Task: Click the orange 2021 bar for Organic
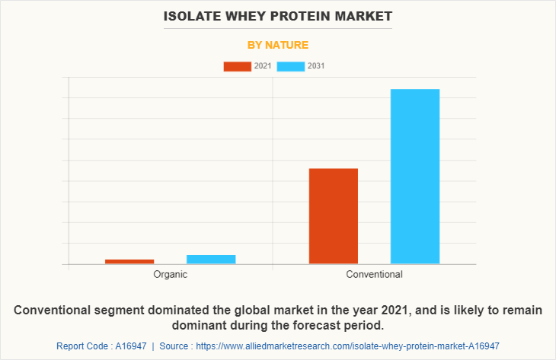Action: [x=129, y=261]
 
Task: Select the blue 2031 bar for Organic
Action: [x=211, y=259]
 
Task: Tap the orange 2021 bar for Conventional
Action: [x=333, y=216]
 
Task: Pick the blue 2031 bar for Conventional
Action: [x=415, y=177]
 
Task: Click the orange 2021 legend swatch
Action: [x=237, y=66]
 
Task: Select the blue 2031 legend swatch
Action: [x=290, y=66]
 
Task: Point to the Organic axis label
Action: [x=170, y=274]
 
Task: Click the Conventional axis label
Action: [x=374, y=274]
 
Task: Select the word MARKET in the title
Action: [x=366, y=16]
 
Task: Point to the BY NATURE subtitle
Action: [x=278, y=45]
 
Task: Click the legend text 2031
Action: [x=316, y=66]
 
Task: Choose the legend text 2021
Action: [x=263, y=66]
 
